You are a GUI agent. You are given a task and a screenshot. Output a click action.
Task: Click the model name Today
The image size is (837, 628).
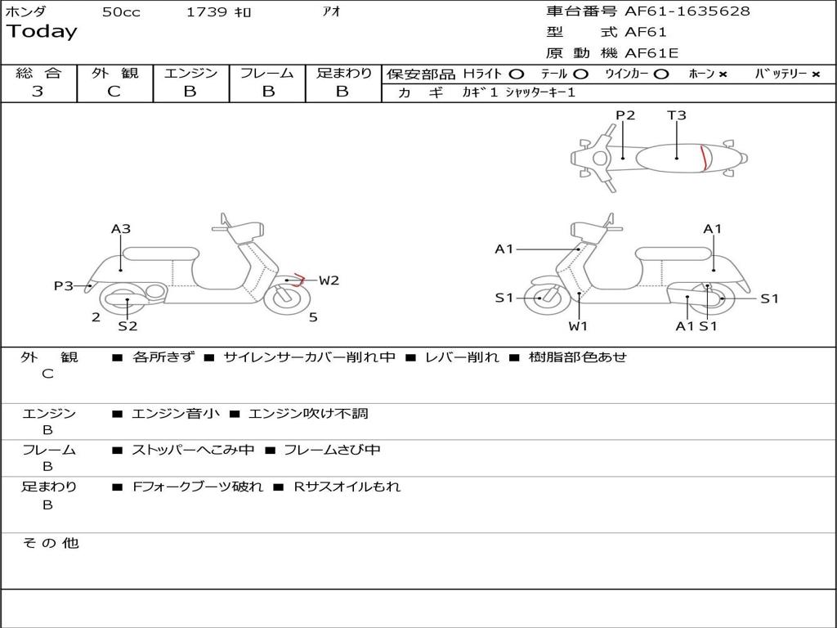(42, 32)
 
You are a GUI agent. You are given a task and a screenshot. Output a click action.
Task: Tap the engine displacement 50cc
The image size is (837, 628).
(121, 12)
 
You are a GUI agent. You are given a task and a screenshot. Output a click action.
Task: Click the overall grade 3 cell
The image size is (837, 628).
(38, 92)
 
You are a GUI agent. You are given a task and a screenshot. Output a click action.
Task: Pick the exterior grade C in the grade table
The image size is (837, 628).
(114, 92)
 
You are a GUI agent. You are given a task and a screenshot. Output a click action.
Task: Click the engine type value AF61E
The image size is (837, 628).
(651, 53)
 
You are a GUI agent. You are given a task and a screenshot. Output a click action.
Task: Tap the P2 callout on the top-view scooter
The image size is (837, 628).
(625, 115)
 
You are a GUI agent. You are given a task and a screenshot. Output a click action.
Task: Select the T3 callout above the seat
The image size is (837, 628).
(677, 115)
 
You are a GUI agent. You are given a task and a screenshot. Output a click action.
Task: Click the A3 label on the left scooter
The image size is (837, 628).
(121, 229)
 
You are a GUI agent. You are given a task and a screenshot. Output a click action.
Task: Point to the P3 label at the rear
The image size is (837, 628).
(64, 285)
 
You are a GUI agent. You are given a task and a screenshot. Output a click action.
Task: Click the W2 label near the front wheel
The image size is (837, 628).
(329, 280)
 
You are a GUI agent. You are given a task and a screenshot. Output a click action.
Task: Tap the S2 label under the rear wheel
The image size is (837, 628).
(128, 326)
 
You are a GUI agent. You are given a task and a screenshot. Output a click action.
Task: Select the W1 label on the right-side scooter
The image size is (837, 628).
(579, 326)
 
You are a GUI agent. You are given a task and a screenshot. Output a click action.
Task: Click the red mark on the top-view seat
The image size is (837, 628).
(704, 157)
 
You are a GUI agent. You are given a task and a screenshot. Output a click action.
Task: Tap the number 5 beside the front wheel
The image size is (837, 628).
(313, 317)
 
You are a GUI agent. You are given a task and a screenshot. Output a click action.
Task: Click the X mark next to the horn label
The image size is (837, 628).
(723, 74)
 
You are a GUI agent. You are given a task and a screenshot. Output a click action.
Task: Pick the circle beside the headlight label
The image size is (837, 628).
(517, 74)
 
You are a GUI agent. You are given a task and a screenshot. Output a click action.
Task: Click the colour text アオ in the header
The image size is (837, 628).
(332, 12)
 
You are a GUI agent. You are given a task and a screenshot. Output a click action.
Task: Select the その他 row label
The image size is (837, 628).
(50, 543)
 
